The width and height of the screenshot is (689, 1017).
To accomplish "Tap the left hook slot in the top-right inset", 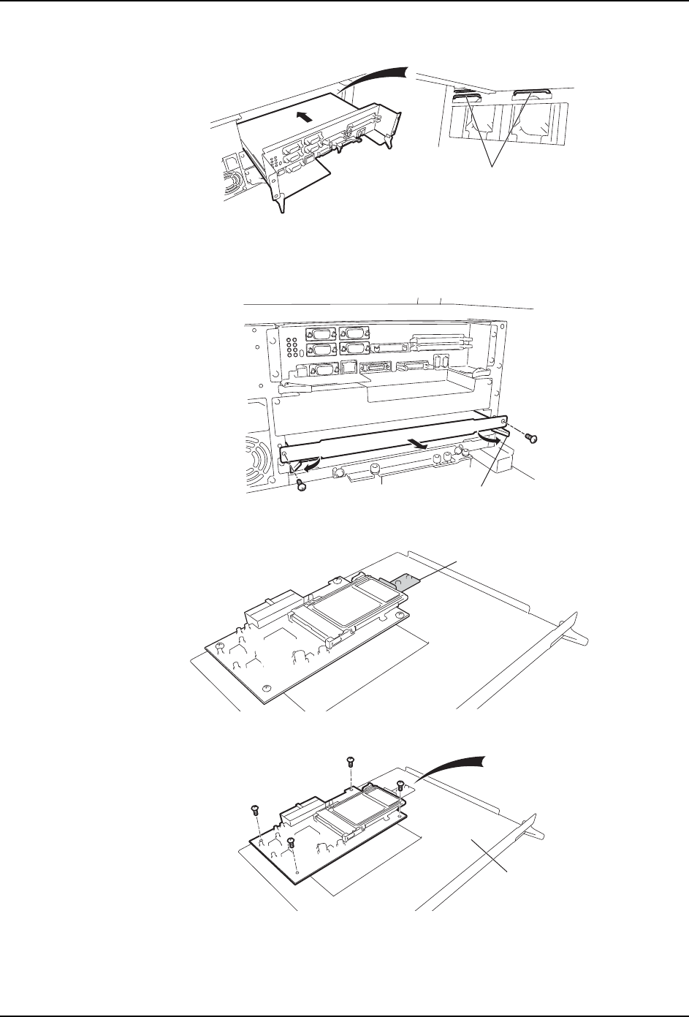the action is (x=465, y=96).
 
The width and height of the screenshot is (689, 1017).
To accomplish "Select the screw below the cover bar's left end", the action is (x=300, y=485).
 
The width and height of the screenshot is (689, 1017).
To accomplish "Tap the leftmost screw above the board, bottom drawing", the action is (x=255, y=809).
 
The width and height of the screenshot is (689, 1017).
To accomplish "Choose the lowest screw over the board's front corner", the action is (x=292, y=843).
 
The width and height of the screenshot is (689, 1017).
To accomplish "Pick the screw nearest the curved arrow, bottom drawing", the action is (x=400, y=786).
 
